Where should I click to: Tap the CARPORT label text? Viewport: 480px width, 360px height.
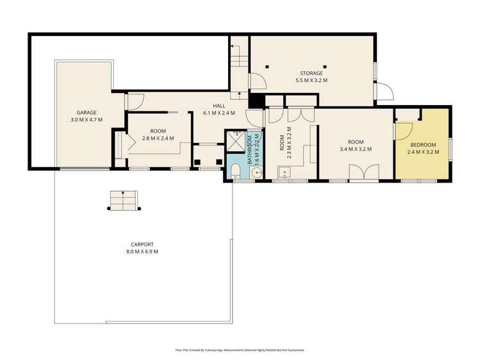[142, 244]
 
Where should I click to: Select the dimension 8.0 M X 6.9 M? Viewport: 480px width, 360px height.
[142, 252]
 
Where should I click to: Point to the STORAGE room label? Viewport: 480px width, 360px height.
[311, 73]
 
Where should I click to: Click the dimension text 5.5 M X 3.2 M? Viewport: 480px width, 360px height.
[311, 81]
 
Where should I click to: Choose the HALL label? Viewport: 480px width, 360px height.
[219, 105]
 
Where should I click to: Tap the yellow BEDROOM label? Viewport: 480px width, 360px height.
[423, 145]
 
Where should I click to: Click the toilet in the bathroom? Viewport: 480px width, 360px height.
[235, 170]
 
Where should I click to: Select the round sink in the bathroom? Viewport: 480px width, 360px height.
[256, 172]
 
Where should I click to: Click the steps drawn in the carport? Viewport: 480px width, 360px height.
[124, 200]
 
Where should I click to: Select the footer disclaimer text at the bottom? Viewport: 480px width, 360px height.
[240, 350]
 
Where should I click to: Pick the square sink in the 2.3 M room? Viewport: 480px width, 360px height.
[284, 171]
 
